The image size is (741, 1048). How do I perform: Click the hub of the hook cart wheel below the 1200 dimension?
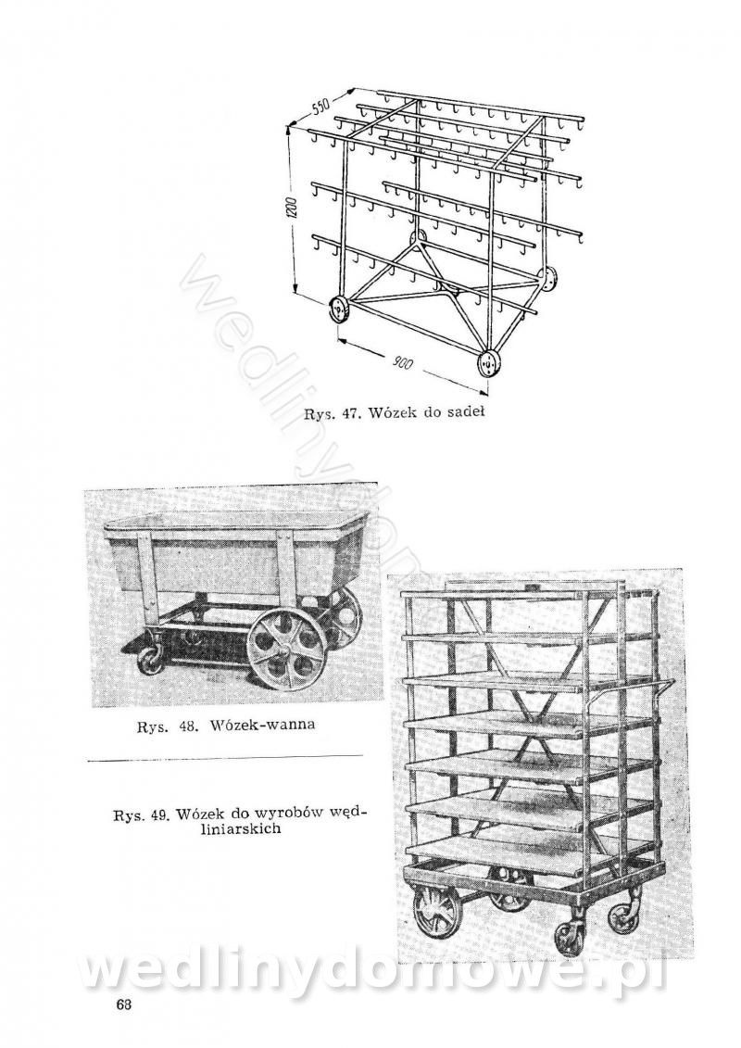coord(341,310)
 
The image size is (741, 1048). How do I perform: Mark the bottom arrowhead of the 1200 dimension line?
coord(295,292)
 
